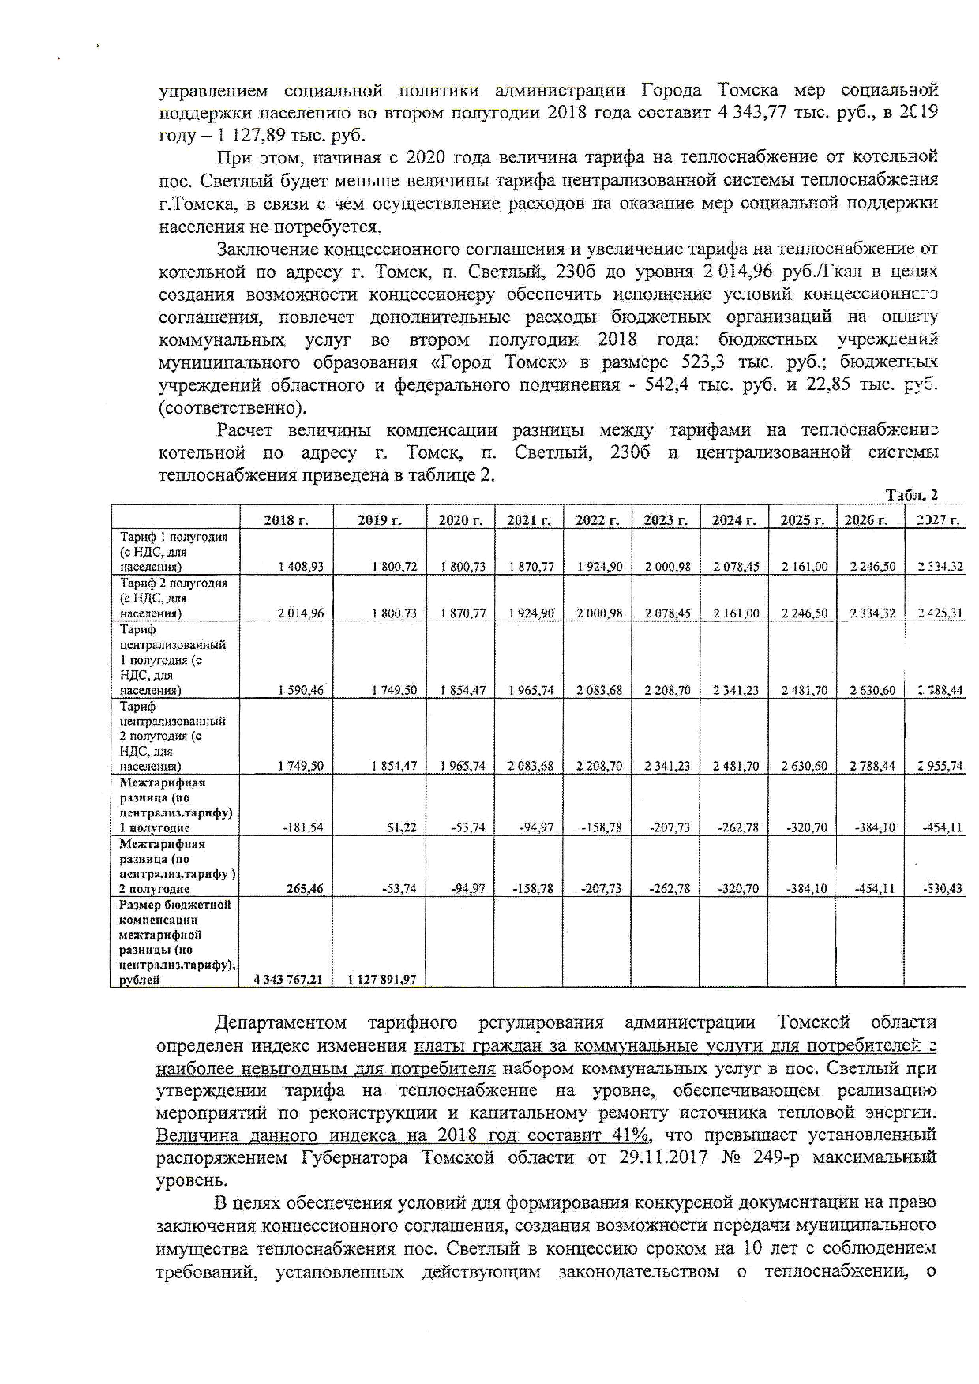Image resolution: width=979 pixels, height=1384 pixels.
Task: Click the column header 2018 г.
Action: (x=286, y=519)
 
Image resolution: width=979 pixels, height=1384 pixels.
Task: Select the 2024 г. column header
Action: (x=734, y=519)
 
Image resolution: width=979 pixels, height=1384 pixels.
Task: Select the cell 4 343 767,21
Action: (x=288, y=980)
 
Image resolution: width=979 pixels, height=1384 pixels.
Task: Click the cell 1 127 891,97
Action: (x=381, y=980)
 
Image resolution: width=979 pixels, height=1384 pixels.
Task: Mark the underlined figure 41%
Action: (x=630, y=1135)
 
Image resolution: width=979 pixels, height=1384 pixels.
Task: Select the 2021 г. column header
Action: (x=529, y=519)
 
